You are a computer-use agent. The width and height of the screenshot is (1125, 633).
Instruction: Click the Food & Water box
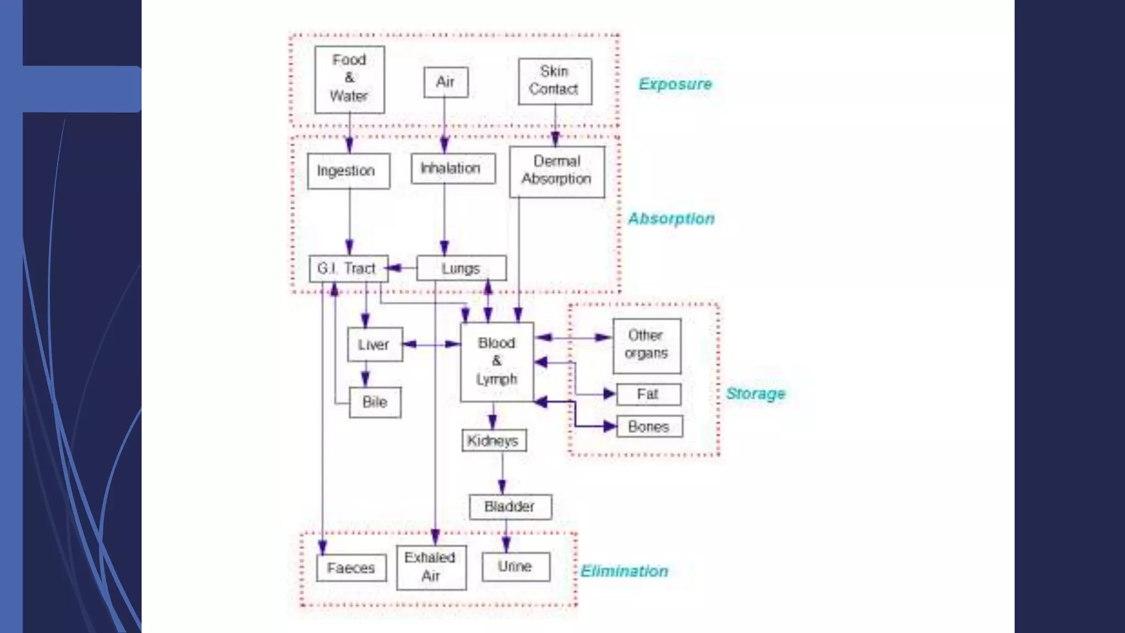pyautogui.click(x=349, y=79)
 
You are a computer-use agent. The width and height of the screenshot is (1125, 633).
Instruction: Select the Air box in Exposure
pyautogui.click(x=445, y=82)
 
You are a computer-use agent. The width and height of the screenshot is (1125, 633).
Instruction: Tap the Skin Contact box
pyautogui.click(x=555, y=81)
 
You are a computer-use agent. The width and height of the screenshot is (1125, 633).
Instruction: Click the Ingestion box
pyautogui.click(x=348, y=171)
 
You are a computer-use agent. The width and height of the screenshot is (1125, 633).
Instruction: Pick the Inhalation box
pyautogui.click(x=453, y=168)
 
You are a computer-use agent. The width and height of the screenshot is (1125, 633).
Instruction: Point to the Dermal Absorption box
pyautogui.click(x=556, y=171)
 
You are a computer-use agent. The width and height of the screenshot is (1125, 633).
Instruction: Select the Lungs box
pyautogui.click(x=461, y=269)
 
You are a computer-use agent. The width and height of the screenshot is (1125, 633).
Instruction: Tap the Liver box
pyautogui.click(x=375, y=345)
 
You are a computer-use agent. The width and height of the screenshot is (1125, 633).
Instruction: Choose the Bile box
pyautogui.click(x=375, y=402)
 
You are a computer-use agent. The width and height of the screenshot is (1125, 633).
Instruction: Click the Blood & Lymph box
pyautogui.click(x=497, y=362)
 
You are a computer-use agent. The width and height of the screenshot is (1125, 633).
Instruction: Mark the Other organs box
pyautogui.click(x=647, y=346)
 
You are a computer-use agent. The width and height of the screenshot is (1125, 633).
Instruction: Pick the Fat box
pyautogui.click(x=648, y=394)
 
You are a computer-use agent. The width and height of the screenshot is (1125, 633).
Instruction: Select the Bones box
pyautogui.click(x=649, y=426)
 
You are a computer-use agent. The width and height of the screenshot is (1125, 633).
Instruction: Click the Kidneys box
pyautogui.click(x=494, y=441)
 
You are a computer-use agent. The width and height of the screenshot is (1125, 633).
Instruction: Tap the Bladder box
pyautogui.click(x=510, y=507)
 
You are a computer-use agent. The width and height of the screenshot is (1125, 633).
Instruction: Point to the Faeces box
pyautogui.click(x=351, y=568)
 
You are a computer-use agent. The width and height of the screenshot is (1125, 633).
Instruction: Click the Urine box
pyautogui.click(x=515, y=567)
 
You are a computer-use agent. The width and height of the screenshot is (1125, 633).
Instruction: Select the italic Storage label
pyautogui.click(x=755, y=393)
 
